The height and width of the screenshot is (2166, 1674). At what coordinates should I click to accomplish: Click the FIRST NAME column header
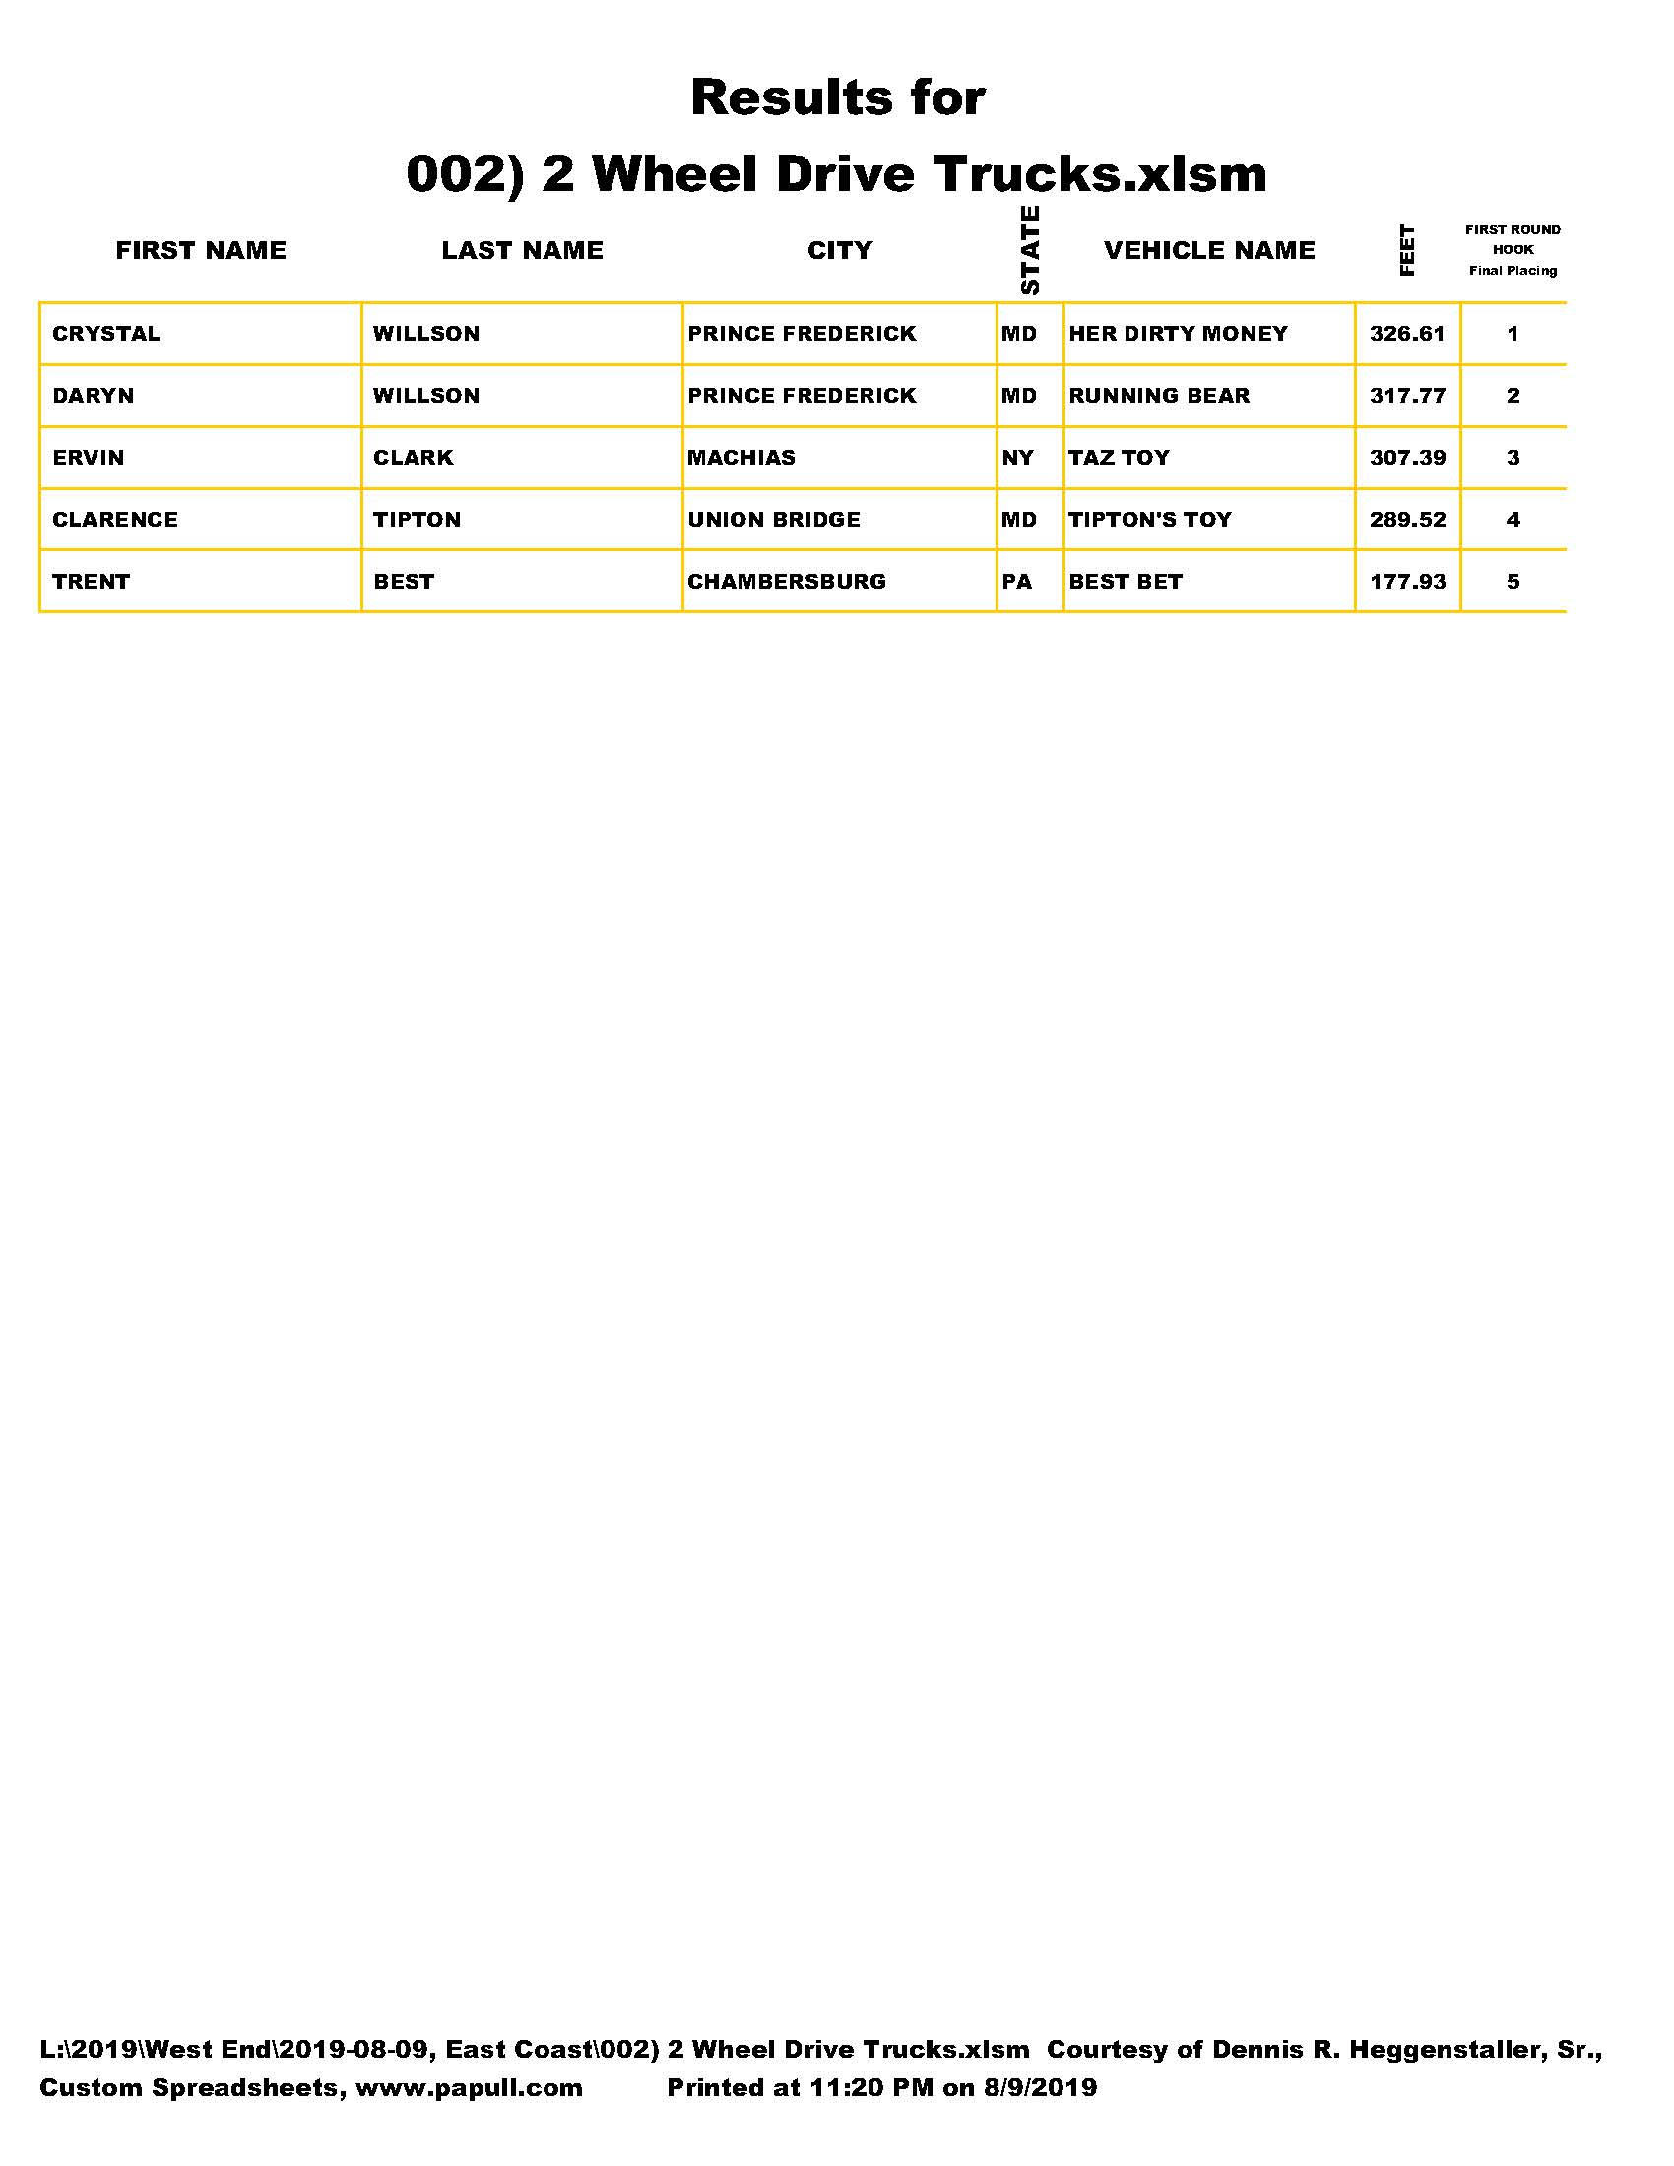coord(200,250)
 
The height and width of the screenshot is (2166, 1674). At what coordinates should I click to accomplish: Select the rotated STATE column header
coord(1029,250)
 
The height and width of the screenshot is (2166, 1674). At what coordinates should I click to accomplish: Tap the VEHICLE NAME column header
coord(1209,250)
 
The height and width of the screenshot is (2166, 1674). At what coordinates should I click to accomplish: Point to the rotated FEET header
coord(1406,250)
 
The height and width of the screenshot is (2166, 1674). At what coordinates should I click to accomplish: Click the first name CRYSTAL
coord(106,333)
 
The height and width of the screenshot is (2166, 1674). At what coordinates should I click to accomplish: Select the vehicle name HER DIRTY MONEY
coord(1177,333)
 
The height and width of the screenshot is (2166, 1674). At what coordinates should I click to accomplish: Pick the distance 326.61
coord(1407,333)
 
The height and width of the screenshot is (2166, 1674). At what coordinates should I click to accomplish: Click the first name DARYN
coord(94,396)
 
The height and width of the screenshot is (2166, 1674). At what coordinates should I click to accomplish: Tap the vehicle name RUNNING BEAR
coord(1158,396)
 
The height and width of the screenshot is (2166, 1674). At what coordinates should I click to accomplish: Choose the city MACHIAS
coord(740,457)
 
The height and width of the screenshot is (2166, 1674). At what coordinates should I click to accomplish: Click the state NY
coord(1017,457)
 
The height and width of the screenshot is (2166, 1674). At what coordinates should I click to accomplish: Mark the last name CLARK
coord(413,457)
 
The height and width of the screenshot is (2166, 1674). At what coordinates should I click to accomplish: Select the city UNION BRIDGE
coord(774,520)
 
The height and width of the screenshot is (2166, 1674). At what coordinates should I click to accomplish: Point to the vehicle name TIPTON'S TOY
coord(1149,520)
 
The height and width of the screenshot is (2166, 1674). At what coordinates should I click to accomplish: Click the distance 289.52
coord(1407,520)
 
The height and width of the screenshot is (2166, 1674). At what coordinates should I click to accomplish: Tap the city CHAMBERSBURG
coord(787,581)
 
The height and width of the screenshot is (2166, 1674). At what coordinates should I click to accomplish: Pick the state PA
coord(1016,581)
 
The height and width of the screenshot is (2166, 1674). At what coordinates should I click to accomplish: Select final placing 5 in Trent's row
coord(1513,581)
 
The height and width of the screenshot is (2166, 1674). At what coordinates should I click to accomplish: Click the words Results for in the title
coord(837,97)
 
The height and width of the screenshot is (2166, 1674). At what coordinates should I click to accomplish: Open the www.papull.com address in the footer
coord(468,2087)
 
